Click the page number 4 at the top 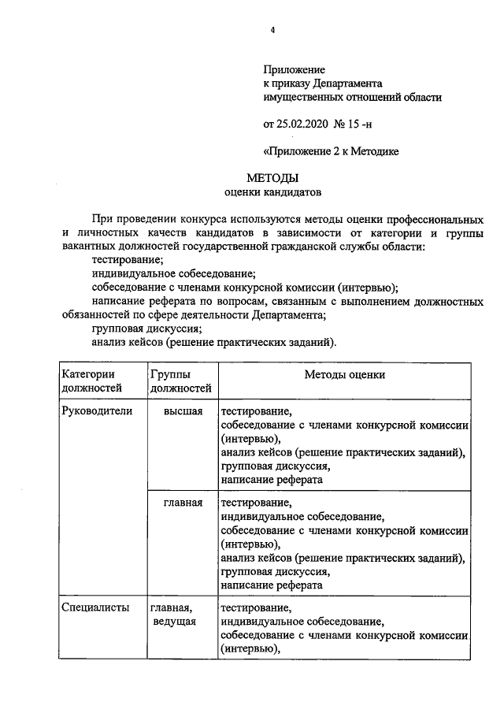[x=272, y=30]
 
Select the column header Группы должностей [x=180, y=381]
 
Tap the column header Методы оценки [x=345, y=374]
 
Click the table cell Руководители [x=97, y=411]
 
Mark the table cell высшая [x=183, y=411]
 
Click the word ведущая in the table [x=174, y=622]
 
